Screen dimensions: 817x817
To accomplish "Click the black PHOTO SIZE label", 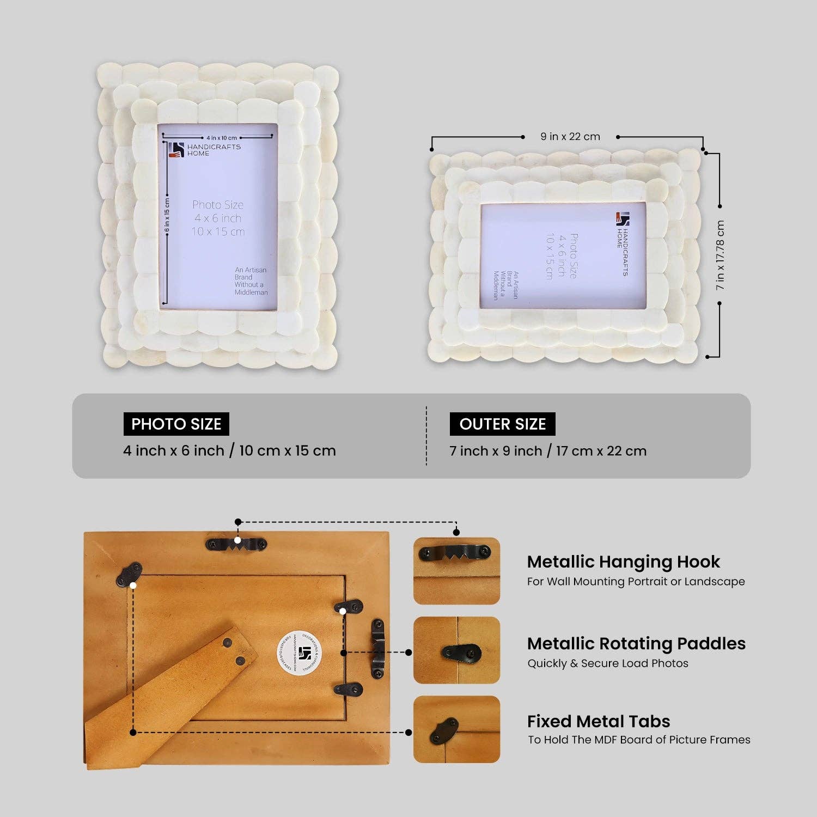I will (176, 424).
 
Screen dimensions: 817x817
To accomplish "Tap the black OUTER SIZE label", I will (502, 424).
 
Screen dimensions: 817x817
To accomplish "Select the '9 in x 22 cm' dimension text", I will (570, 137).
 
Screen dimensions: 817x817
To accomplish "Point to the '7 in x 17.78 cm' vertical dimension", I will (720, 255).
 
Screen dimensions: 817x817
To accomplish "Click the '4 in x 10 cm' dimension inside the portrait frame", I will (222, 138).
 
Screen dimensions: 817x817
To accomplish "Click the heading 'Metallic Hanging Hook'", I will (623, 562).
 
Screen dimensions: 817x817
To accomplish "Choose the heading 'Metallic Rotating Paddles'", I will (636, 643).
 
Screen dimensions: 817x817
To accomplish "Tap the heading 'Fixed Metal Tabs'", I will (598, 721).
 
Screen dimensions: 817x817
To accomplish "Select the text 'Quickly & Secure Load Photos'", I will (607, 663).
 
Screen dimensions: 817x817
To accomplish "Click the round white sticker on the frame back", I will (300, 653).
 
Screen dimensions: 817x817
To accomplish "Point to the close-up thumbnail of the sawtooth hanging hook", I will (456, 571).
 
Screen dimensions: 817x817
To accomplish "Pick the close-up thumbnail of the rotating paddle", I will (456, 650).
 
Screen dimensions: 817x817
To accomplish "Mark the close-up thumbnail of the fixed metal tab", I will (456, 729).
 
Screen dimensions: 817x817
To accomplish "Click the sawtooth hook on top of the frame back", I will (237, 543).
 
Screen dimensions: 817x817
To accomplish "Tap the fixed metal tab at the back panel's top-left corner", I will (129, 575).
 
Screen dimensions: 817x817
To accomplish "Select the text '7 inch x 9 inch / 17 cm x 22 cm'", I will (548, 451).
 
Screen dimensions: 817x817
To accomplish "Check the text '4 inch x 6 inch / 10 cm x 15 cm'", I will (229, 450).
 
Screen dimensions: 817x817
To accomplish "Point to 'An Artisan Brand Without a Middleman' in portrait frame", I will (251, 281).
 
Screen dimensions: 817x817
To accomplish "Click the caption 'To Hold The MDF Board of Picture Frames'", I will (638, 740).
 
